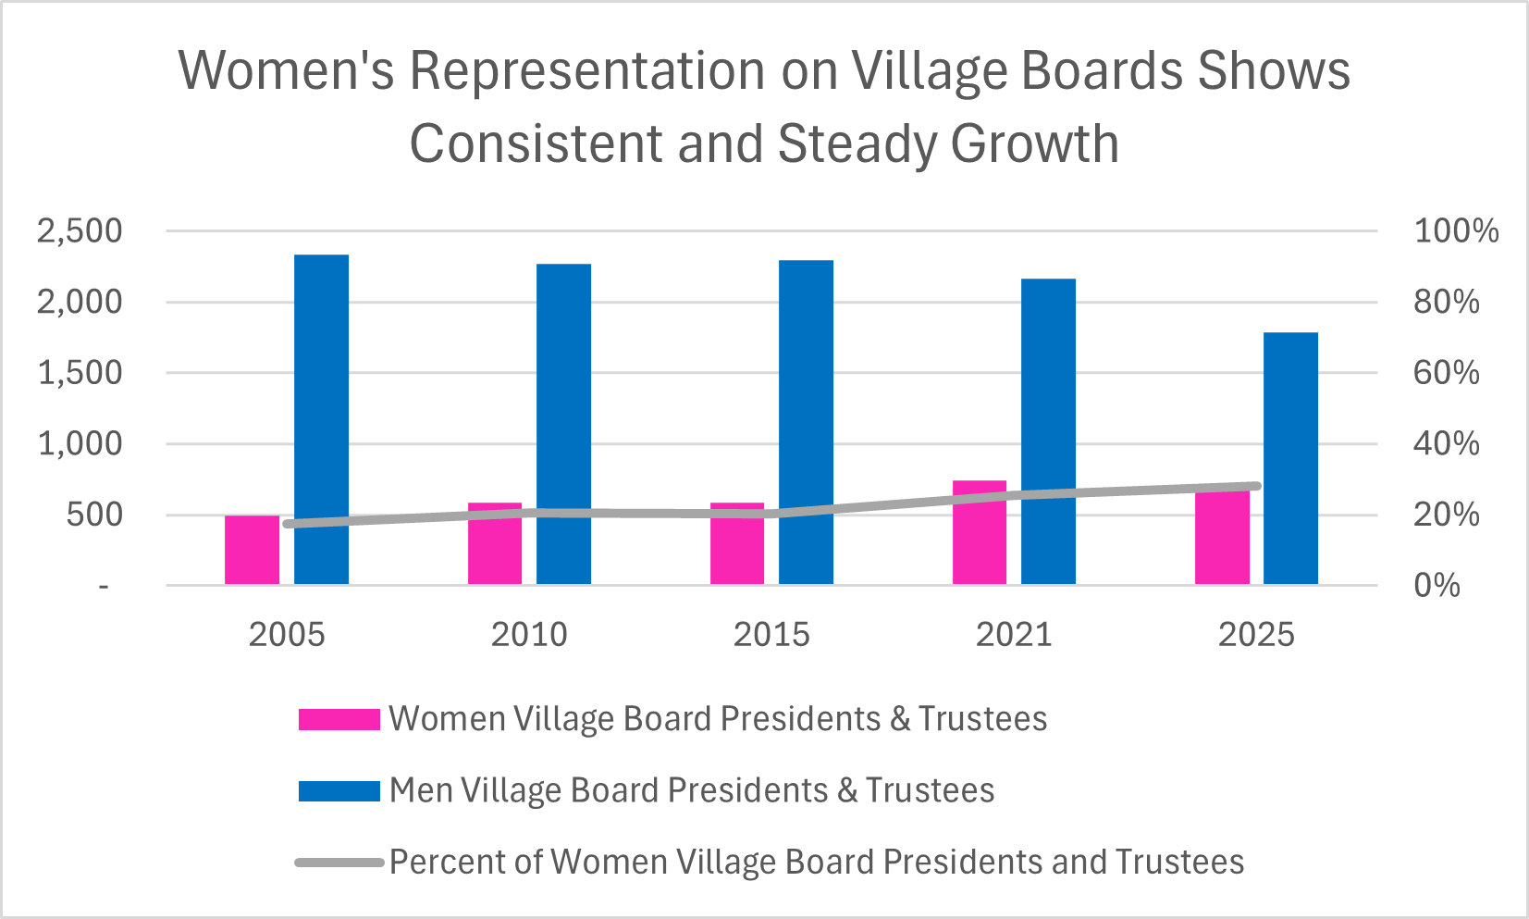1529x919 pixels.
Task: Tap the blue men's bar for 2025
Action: (x=1290, y=458)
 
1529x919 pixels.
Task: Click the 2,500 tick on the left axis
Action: (x=80, y=231)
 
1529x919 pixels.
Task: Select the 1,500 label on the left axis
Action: (x=80, y=373)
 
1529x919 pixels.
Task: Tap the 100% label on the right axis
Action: (x=1455, y=231)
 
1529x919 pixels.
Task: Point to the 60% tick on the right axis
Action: (x=1446, y=373)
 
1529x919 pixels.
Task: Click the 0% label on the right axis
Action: (x=1437, y=586)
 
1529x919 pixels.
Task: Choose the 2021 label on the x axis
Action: (x=1014, y=635)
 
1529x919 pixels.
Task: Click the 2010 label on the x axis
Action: (x=529, y=635)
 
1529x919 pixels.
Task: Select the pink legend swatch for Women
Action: (x=339, y=720)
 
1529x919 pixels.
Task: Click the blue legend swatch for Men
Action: (x=339, y=791)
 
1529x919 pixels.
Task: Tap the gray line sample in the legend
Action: (x=339, y=863)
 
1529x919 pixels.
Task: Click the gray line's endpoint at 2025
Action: (x=1255, y=486)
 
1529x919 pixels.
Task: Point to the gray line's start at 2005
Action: (x=288, y=524)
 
